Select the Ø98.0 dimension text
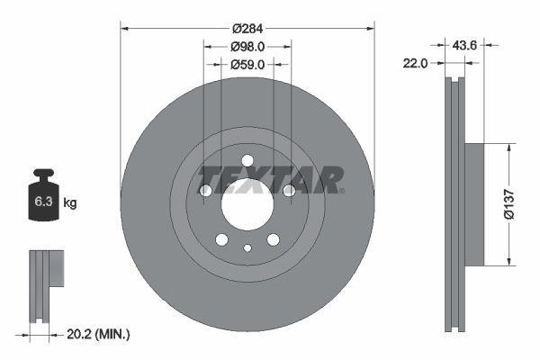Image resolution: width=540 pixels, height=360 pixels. (247, 46)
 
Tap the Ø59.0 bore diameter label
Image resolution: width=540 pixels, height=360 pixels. (247, 65)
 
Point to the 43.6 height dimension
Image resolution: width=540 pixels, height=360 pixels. (464, 42)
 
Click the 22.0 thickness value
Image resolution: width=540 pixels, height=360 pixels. (415, 63)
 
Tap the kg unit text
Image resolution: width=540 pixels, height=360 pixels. (70, 203)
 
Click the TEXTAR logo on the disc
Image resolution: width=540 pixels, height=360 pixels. (271, 180)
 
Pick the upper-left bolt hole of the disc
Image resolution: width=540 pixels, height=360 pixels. (205, 191)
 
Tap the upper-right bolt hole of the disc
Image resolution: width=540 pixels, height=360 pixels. (289, 191)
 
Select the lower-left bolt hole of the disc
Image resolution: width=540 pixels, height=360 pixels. (221, 239)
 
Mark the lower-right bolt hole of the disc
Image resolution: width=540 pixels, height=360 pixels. (273, 239)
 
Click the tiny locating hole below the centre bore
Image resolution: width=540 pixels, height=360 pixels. (247, 248)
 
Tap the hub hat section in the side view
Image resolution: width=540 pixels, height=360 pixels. (473, 205)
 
